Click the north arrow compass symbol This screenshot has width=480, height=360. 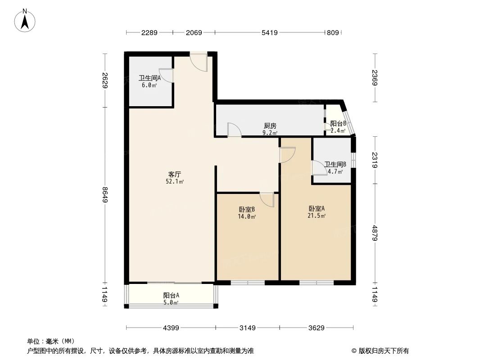[x=26, y=20]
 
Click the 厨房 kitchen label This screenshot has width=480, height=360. [x=270, y=126]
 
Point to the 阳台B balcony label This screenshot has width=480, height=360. [x=338, y=123]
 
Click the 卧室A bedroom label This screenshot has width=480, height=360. [x=317, y=208]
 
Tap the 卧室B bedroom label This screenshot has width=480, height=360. [x=247, y=209]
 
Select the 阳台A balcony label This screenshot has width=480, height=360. [x=171, y=296]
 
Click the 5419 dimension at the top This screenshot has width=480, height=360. [x=269, y=32]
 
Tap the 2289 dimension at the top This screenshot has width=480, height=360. [x=149, y=32]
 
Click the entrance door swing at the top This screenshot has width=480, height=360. [x=198, y=62]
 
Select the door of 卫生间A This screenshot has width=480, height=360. [x=166, y=76]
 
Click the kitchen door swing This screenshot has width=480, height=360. [x=234, y=130]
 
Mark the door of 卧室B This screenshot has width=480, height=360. [x=267, y=200]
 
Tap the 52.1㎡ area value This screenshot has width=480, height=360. [x=175, y=181]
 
